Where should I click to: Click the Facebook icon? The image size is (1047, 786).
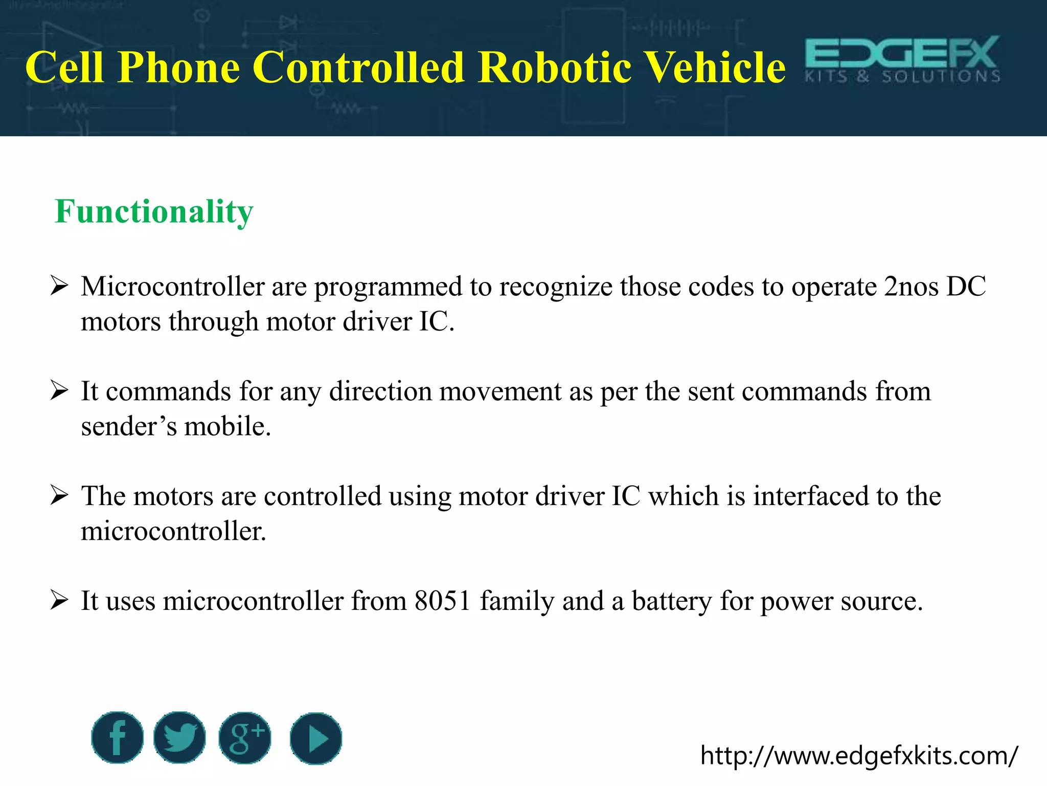point(117,737)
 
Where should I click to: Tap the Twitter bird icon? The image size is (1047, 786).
point(179,737)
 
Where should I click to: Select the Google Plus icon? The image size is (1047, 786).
point(245,737)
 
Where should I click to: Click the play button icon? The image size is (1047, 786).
point(315,738)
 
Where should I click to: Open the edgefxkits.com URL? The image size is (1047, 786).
point(859,756)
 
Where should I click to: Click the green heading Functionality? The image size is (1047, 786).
point(154,211)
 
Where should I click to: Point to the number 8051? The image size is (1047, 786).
point(442,601)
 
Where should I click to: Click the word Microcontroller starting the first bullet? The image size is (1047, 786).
point(172,287)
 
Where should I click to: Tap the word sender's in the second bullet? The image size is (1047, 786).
point(128,426)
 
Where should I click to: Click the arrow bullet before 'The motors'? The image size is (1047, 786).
point(59,495)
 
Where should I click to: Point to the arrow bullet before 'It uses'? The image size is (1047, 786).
point(59,600)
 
